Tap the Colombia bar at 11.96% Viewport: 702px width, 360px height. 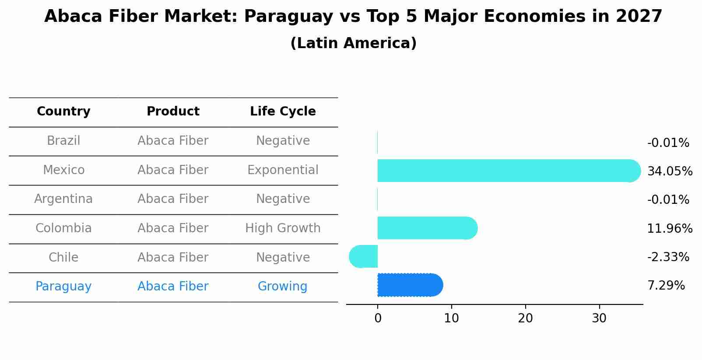coord(427,228)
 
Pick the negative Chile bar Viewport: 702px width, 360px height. coord(364,256)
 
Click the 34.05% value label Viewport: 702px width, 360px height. coord(670,171)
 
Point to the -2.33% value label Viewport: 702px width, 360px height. coord(668,257)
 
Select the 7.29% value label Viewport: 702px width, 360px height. coord(666,286)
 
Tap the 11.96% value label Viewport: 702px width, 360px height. coord(670,228)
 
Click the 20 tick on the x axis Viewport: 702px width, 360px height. coord(525,318)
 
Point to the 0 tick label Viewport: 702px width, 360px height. coord(378,318)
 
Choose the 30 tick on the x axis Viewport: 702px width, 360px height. coord(599,318)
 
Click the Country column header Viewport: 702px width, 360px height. coord(63,112)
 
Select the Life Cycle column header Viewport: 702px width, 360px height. coord(283,112)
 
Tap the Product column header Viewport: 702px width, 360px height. coord(173,112)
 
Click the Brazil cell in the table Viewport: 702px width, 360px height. coord(63,141)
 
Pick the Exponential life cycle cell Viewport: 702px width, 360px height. coord(283,170)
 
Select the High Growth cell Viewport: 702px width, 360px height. coord(283,228)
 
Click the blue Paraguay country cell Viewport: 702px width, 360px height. coord(63,287)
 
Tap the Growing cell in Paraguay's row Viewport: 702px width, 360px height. coord(282,287)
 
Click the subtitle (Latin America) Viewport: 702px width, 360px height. coord(353,43)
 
